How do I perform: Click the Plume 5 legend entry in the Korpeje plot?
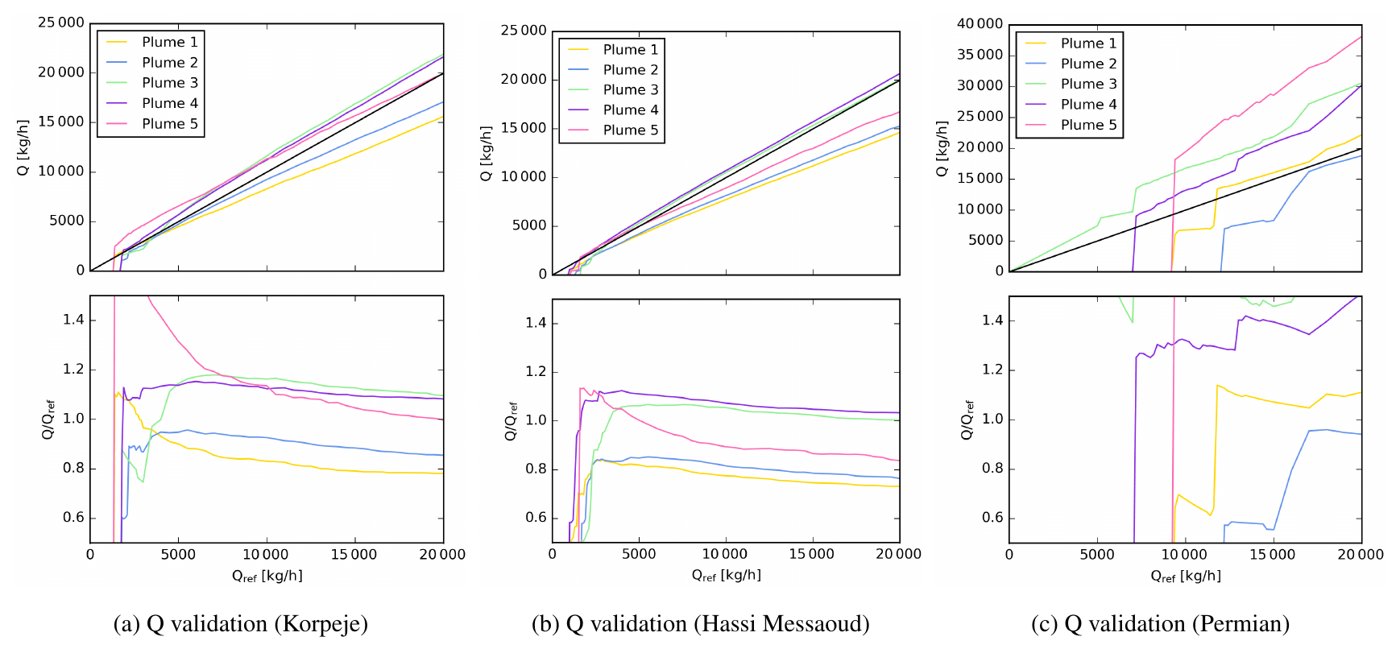[x=169, y=123]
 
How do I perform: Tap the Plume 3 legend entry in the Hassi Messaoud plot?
[x=630, y=89]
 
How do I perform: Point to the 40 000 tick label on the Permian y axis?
[x=980, y=24]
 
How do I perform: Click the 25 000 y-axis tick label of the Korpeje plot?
[x=61, y=23]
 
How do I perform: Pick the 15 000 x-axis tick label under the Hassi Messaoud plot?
[x=811, y=554]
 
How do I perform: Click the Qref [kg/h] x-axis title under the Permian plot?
[x=1185, y=576]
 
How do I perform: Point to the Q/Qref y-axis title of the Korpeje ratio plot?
[x=48, y=419]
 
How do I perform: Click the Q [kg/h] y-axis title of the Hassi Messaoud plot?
[x=486, y=153]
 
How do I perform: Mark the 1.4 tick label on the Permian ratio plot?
[x=992, y=320]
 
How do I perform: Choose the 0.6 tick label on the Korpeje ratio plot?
[x=73, y=518]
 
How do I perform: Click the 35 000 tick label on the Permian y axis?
[x=980, y=55]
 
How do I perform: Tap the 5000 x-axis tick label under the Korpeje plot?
[x=177, y=554]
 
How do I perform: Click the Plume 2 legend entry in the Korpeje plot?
[x=169, y=62]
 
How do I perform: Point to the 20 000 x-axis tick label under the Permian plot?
[x=1360, y=554]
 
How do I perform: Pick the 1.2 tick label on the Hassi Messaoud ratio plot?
[x=536, y=372]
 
